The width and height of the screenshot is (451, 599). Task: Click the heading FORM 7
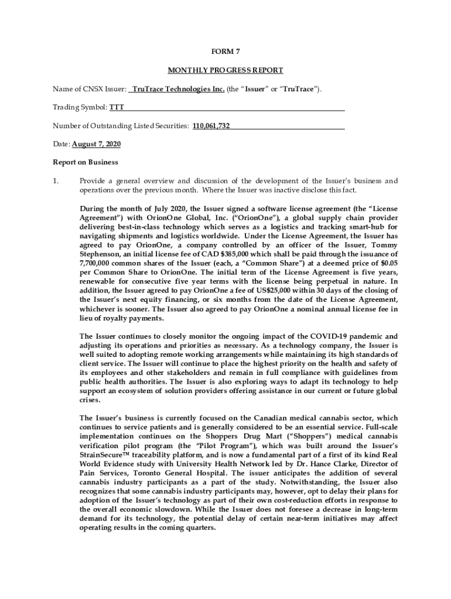click(x=225, y=51)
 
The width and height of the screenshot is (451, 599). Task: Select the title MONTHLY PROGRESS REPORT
click(x=225, y=70)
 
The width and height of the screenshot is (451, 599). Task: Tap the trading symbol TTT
click(x=117, y=108)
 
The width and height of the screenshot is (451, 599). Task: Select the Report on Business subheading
click(x=86, y=162)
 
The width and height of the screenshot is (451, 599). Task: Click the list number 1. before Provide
click(x=57, y=181)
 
